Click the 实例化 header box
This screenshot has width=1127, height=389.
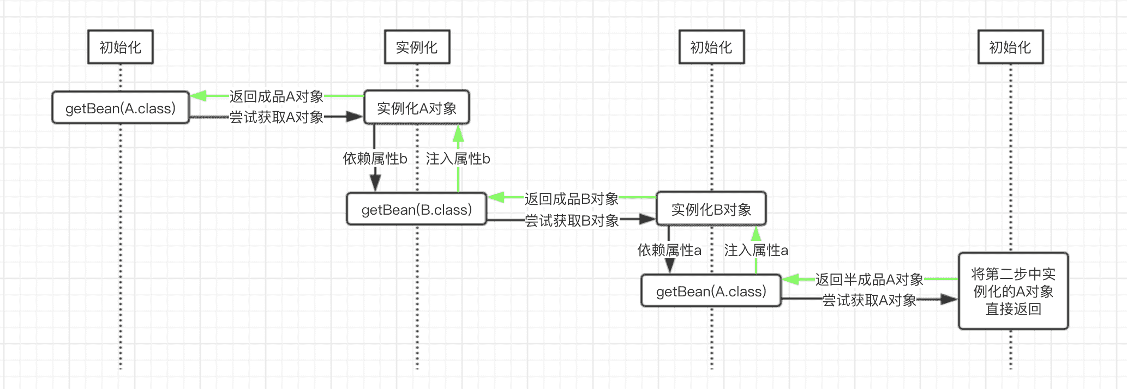click(417, 47)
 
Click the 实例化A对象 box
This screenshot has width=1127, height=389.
click(417, 108)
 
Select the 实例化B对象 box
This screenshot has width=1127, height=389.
click(711, 209)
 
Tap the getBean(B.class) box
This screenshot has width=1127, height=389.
click(416, 209)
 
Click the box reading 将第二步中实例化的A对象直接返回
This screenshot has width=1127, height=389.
click(1013, 291)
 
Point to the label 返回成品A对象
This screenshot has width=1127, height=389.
click(276, 96)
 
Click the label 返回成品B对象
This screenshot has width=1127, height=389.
click(571, 199)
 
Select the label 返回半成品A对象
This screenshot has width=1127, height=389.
click(868, 279)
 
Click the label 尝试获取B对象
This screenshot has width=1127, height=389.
click(571, 220)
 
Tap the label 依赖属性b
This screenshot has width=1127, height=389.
click(375, 159)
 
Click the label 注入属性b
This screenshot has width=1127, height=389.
click(458, 159)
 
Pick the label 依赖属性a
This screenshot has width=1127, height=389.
click(669, 250)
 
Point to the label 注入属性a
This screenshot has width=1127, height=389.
click(756, 250)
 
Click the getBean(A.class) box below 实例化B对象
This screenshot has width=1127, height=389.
click(711, 291)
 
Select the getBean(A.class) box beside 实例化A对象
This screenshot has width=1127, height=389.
click(121, 108)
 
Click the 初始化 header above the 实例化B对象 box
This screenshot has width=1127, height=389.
click(711, 47)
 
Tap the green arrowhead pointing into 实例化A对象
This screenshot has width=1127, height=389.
click(458, 132)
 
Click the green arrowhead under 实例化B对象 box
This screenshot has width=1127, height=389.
click(756, 234)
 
